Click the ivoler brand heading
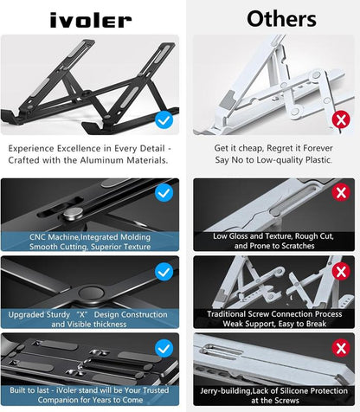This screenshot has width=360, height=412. [x=90, y=19]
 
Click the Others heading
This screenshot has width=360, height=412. [x=270, y=18]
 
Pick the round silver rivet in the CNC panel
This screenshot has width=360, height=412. [x=74, y=215]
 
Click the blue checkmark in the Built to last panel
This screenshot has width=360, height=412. [x=162, y=347]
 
